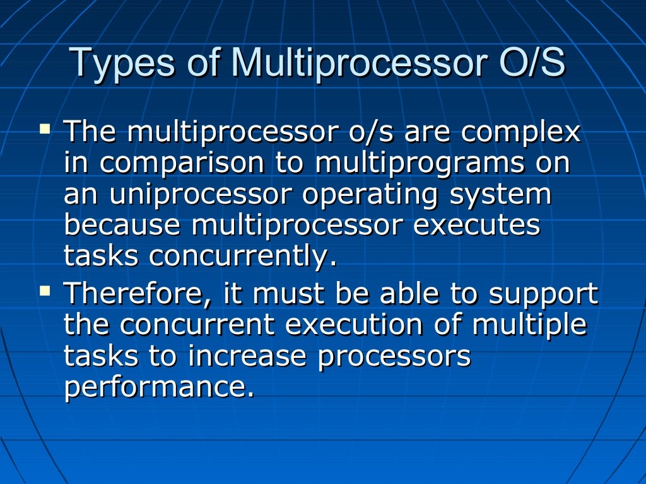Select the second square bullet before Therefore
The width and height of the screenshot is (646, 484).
(x=44, y=291)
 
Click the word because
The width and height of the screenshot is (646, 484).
(x=123, y=226)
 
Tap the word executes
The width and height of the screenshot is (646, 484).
(x=477, y=226)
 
